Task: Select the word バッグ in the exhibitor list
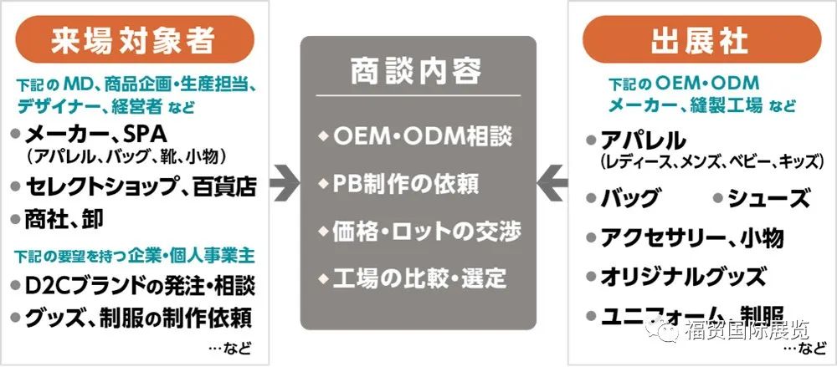[x=630, y=199]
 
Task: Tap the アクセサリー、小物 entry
[x=691, y=237]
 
